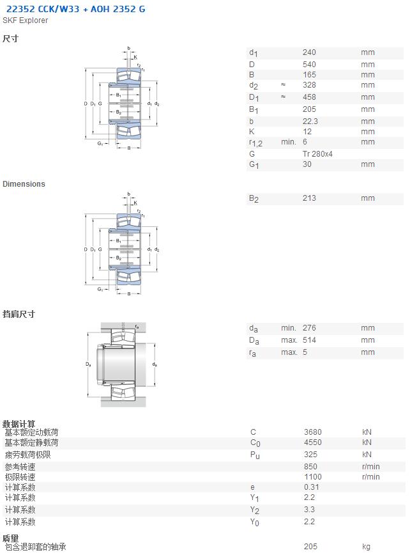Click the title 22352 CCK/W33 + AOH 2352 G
click(75, 9)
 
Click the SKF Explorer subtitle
click(25, 20)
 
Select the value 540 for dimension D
click(309, 65)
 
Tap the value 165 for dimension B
click(309, 75)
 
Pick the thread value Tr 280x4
click(317, 154)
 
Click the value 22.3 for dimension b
click(310, 121)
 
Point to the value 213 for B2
click(309, 198)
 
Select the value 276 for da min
click(309, 328)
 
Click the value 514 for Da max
click(309, 340)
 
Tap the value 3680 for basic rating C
click(313, 432)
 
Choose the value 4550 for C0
click(313, 442)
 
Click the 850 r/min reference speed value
click(310, 467)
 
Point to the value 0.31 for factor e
click(312, 487)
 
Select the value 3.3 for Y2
click(309, 510)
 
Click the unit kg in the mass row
click(366, 547)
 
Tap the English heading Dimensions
click(24, 184)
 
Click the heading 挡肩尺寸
click(19, 314)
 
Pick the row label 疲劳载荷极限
click(27, 455)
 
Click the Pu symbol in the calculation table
click(255, 455)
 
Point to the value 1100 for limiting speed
click(313, 477)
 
